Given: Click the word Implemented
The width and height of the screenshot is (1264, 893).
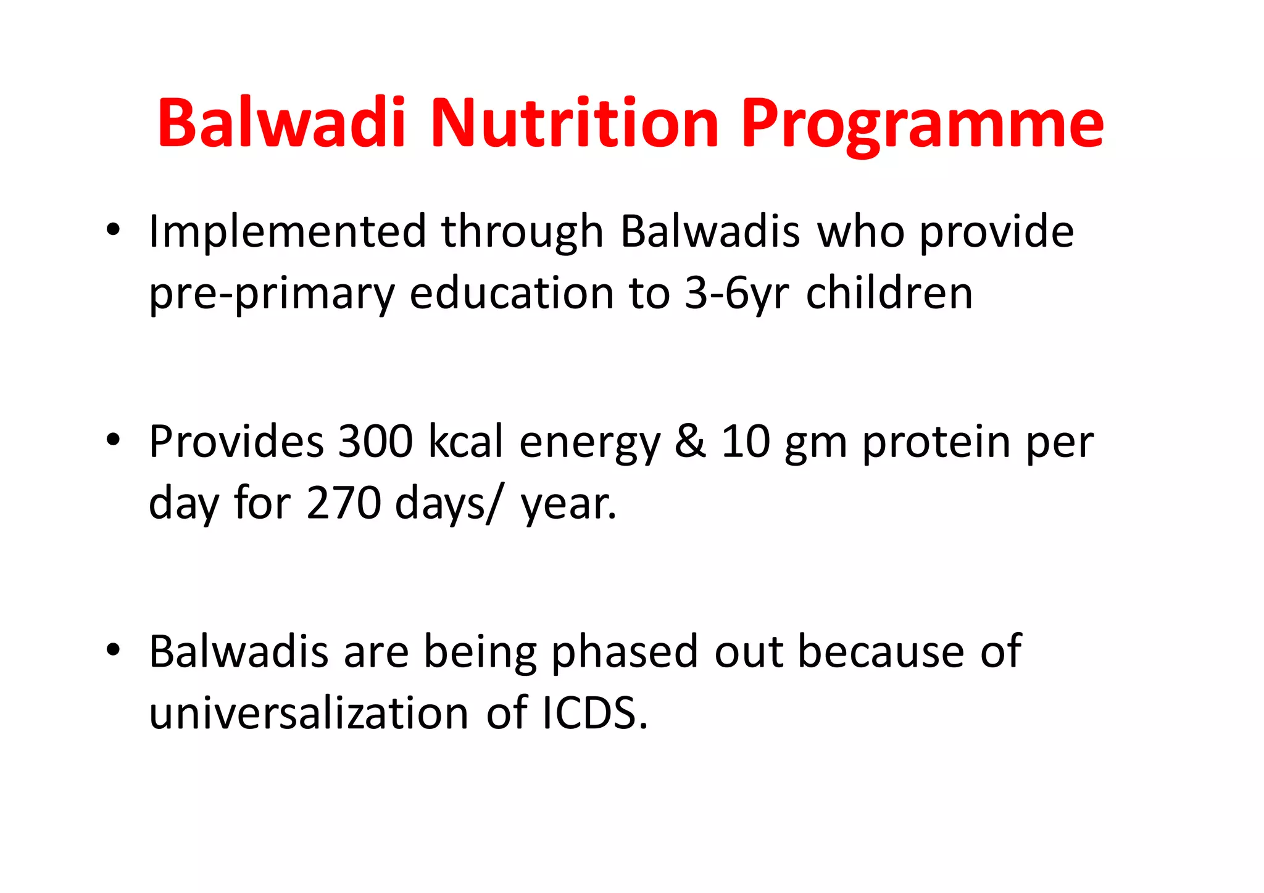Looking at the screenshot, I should click(x=288, y=232).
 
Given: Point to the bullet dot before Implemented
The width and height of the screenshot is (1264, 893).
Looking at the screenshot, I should click(x=112, y=229).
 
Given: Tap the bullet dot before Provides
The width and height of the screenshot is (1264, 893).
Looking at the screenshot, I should click(x=112, y=440).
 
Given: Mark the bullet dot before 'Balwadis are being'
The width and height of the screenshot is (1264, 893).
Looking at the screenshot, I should click(x=112, y=649).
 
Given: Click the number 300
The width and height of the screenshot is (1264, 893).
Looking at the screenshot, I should click(x=375, y=442).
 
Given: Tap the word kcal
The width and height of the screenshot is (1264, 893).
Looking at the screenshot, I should click(x=466, y=442).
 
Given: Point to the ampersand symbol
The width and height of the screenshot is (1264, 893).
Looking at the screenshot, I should click(x=690, y=442).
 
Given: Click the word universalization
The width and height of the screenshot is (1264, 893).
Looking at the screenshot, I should click(x=309, y=714).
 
